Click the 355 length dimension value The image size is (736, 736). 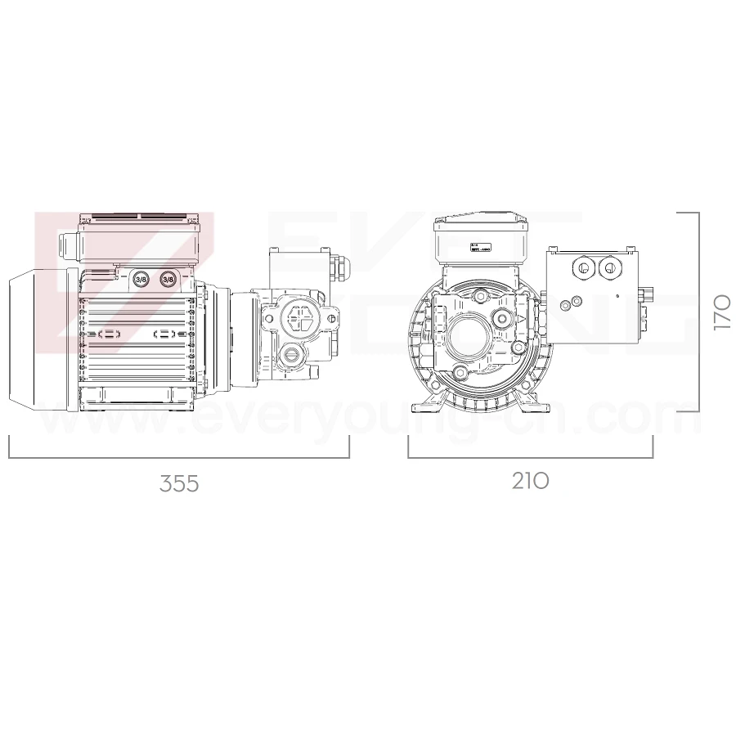[179, 483]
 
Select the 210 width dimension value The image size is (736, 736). [531, 481]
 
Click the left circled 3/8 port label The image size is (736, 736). [141, 279]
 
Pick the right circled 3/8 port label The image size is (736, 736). [168, 279]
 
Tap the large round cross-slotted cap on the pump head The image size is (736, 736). [298, 317]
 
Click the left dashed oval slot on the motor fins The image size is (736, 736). [110, 334]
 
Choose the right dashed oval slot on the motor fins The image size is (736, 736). [166, 334]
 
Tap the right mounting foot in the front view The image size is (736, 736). [538, 405]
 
